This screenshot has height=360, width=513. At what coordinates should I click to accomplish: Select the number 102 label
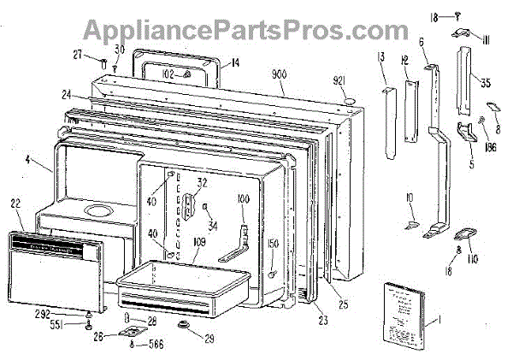point(168,74)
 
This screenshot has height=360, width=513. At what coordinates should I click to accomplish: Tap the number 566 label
point(156,345)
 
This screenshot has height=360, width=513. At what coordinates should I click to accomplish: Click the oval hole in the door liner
point(99,210)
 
